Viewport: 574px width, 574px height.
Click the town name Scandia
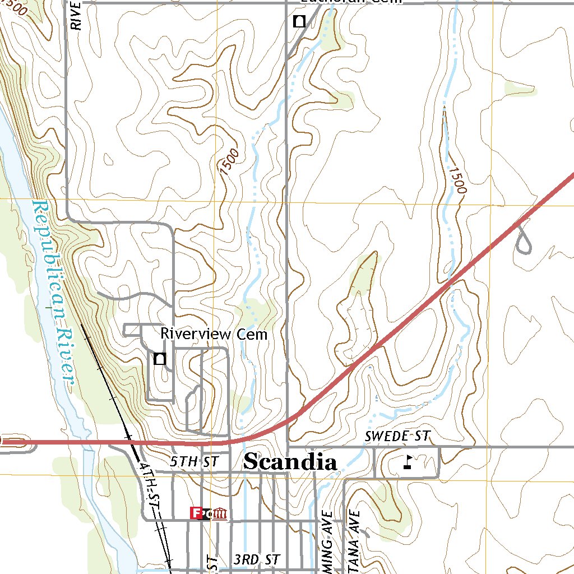[290, 462]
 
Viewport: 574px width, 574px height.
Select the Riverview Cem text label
[214, 334]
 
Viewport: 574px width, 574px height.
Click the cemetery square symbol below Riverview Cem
[160, 359]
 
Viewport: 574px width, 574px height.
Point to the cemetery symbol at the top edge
[299, 22]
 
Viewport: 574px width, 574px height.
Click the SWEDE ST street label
[397, 436]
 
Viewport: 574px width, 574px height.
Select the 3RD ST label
[257, 559]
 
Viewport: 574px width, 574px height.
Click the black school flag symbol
[409, 462]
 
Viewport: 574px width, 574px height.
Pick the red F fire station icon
[196, 513]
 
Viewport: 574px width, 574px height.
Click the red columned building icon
[220, 513]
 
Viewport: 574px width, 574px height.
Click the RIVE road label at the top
[77, 15]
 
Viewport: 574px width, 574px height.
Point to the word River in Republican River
[67, 356]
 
